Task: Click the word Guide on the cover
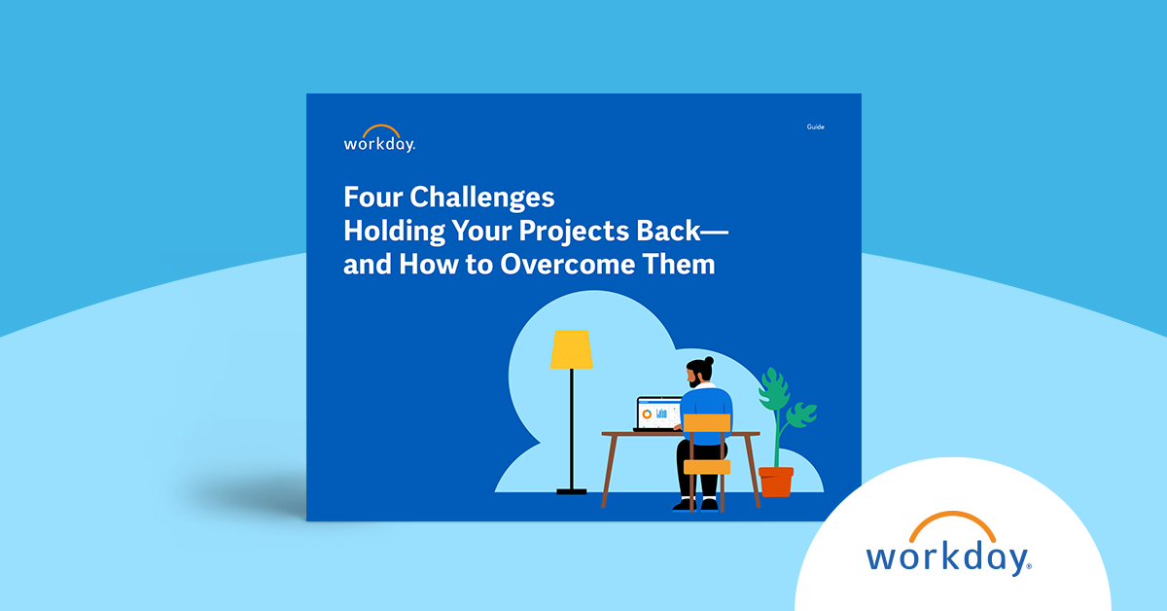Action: tap(815, 126)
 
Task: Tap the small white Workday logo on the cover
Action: tap(379, 139)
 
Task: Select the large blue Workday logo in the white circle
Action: tap(949, 544)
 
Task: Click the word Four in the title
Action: tap(373, 198)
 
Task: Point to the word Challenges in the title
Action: tap(482, 198)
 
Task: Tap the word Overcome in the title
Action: tap(567, 265)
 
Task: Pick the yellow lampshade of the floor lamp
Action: tap(572, 349)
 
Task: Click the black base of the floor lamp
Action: tap(572, 491)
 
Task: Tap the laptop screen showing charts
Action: tap(658, 413)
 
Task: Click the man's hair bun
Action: tap(709, 361)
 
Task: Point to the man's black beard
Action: tap(694, 382)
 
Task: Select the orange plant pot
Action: tap(776, 482)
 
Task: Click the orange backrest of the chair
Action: tap(707, 423)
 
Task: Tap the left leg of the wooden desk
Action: tap(609, 471)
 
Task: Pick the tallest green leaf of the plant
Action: tap(773, 389)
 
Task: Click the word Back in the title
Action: tap(668, 231)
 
